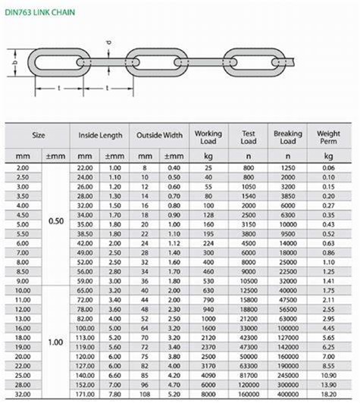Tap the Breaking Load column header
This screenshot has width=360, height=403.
287,138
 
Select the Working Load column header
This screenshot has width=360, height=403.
208,138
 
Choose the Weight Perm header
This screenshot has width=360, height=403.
329,138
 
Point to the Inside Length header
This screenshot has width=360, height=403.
100,136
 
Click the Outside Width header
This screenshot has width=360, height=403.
159,136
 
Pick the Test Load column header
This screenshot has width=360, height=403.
248,138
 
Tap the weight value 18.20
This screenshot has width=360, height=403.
329,395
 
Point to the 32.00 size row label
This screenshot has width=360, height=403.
23,395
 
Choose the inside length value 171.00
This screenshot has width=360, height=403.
85,395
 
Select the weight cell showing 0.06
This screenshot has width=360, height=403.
329,166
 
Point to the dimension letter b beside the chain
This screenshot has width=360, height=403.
15,63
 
